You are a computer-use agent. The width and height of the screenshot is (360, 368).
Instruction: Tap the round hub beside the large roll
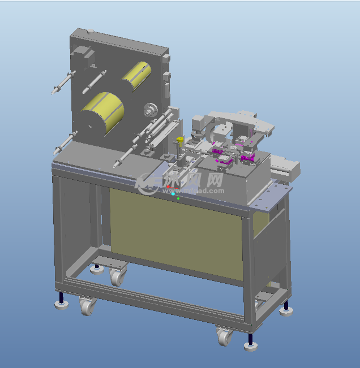(151, 109)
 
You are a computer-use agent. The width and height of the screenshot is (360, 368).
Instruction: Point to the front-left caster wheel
(87, 307)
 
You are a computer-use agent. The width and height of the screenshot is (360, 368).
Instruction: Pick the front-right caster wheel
(224, 337)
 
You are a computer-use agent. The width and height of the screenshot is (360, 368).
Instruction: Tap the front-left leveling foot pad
(61, 305)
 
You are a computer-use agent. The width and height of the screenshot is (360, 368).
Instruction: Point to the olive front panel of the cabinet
(175, 232)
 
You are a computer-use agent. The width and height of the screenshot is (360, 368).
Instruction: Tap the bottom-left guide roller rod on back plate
(65, 142)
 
